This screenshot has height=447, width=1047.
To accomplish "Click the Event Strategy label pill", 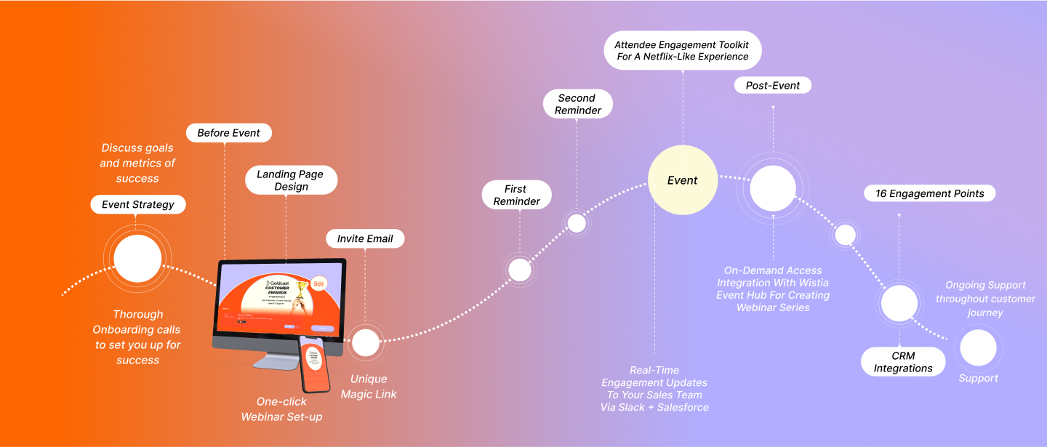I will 138,204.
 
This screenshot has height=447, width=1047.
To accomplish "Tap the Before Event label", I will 229,132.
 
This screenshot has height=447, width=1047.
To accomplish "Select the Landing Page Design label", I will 291,180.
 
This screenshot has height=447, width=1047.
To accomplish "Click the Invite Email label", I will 365,238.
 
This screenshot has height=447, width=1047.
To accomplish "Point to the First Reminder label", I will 517,195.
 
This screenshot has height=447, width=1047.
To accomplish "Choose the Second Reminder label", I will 578,104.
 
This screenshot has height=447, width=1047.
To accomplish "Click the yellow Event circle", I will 683,180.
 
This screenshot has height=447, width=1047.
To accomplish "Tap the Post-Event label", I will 773,85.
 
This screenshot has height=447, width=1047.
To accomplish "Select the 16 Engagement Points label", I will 929,193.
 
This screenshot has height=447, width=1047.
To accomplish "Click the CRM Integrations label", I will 903,362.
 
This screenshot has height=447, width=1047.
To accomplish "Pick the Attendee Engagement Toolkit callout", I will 682,50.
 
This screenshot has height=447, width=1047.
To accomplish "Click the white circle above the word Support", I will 978,347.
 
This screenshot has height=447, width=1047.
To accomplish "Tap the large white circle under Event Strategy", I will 137,259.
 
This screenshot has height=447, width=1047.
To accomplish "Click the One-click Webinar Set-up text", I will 281,409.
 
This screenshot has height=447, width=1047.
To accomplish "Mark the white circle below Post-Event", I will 773,188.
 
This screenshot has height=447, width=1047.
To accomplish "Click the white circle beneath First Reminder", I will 520,270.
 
